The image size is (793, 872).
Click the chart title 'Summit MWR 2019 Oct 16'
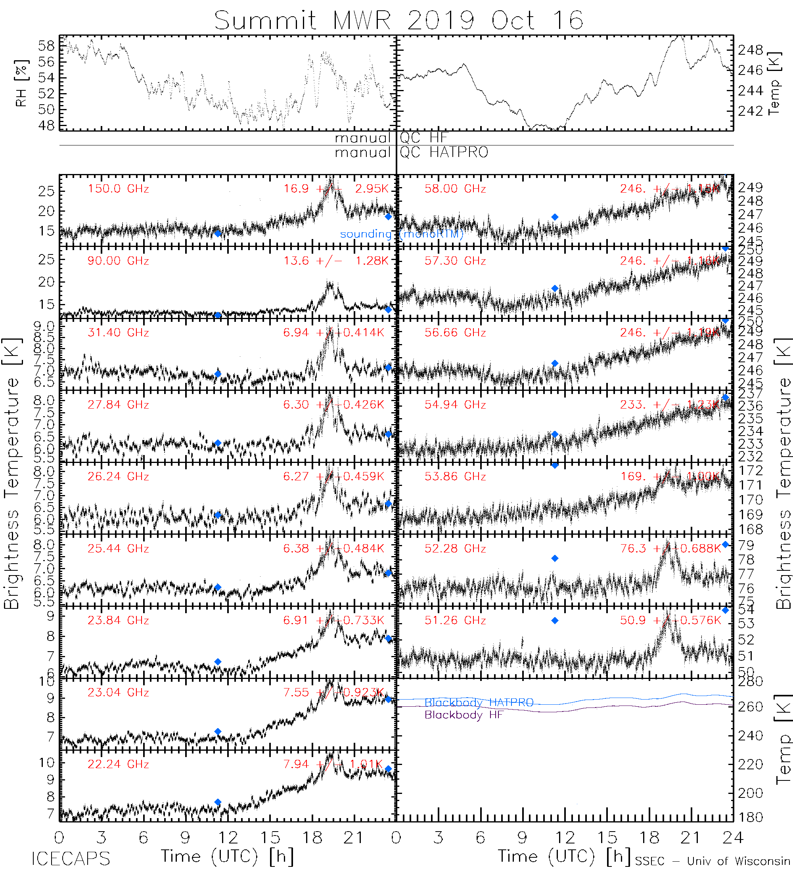click(x=398, y=20)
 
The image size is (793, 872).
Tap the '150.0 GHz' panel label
click(x=118, y=189)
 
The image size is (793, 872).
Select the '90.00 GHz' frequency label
click(x=118, y=261)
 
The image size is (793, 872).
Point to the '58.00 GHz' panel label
click(x=455, y=189)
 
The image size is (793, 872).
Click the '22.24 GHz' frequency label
click(x=118, y=764)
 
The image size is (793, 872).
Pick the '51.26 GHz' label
click(x=455, y=620)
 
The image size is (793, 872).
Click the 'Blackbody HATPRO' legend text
click(x=479, y=702)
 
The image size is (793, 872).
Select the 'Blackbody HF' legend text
click(x=464, y=715)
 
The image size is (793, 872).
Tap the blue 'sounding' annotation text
click(x=366, y=234)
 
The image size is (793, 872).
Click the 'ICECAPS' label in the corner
click(x=71, y=859)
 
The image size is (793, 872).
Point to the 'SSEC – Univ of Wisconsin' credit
click(x=713, y=861)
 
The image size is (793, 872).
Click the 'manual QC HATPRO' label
click(x=411, y=152)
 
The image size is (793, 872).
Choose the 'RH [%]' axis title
click(x=21, y=83)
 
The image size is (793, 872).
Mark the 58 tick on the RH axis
click(x=46, y=46)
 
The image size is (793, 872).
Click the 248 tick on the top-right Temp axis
click(x=751, y=50)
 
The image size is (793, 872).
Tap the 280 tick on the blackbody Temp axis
click(x=751, y=682)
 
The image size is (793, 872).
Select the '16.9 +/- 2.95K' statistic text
click(x=336, y=189)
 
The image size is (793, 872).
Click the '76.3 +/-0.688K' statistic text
click(x=670, y=549)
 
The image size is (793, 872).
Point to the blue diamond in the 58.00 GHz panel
click(x=555, y=217)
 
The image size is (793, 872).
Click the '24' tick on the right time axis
click(x=732, y=838)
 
